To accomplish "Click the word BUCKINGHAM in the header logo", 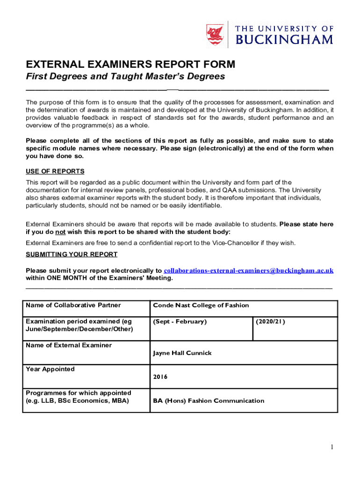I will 284,40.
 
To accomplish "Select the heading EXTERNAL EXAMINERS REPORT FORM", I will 130,64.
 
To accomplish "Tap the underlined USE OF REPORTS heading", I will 55,172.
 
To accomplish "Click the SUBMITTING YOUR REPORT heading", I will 72,254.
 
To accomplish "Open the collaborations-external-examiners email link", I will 249,270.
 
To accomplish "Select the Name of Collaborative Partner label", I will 73,305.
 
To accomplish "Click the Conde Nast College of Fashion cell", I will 201,305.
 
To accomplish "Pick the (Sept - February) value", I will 180,321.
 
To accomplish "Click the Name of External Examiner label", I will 69,345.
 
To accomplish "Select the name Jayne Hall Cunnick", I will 182,353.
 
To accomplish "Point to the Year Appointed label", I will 50,369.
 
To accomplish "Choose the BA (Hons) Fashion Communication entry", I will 209,400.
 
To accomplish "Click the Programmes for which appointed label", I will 79,393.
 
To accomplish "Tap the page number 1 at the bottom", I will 331,447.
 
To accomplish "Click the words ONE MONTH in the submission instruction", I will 72,278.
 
